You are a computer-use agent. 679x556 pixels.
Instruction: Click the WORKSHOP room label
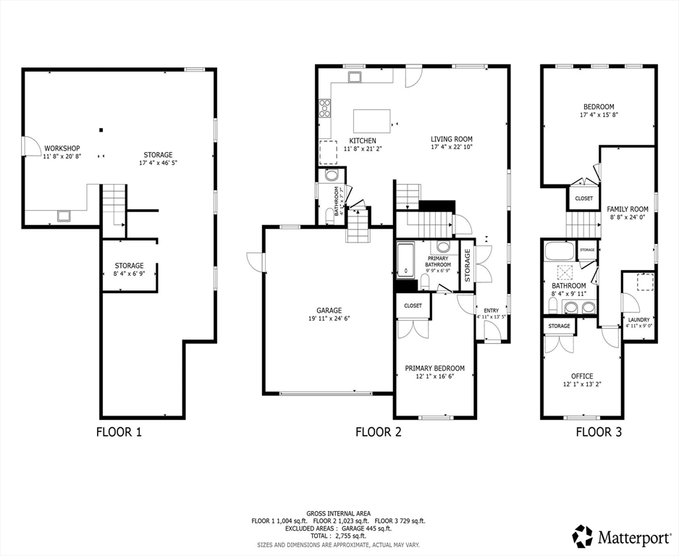tap(62, 148)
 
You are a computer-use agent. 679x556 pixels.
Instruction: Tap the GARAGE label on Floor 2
tap(328, 310)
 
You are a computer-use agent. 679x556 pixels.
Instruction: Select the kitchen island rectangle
tap(371, 120)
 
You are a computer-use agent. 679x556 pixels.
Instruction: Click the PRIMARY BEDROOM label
tap(434, 368)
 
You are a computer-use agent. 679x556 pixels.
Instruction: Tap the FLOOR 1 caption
tap(119, 432)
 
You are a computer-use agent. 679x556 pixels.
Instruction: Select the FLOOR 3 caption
tap(598, 432)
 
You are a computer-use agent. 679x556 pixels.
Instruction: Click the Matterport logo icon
tap(582, 536)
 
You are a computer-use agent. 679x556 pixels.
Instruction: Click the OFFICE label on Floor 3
tap(581, 376)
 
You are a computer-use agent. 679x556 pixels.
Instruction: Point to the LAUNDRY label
tap(638, 319)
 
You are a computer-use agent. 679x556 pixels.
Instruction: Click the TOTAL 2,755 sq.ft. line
tap(338, 536)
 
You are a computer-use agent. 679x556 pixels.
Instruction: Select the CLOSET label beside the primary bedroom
tap(413, 306)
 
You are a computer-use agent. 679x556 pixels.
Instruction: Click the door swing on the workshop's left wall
tap(32, 146)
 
